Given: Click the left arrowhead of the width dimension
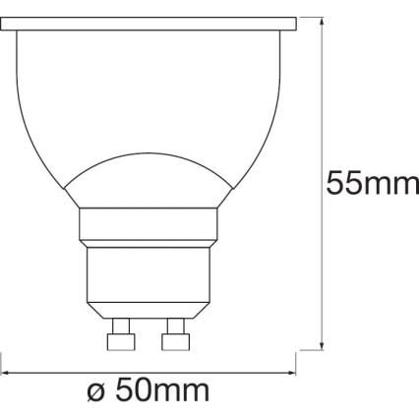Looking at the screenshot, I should [6, 373].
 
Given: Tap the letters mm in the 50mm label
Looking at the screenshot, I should [185, 394].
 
